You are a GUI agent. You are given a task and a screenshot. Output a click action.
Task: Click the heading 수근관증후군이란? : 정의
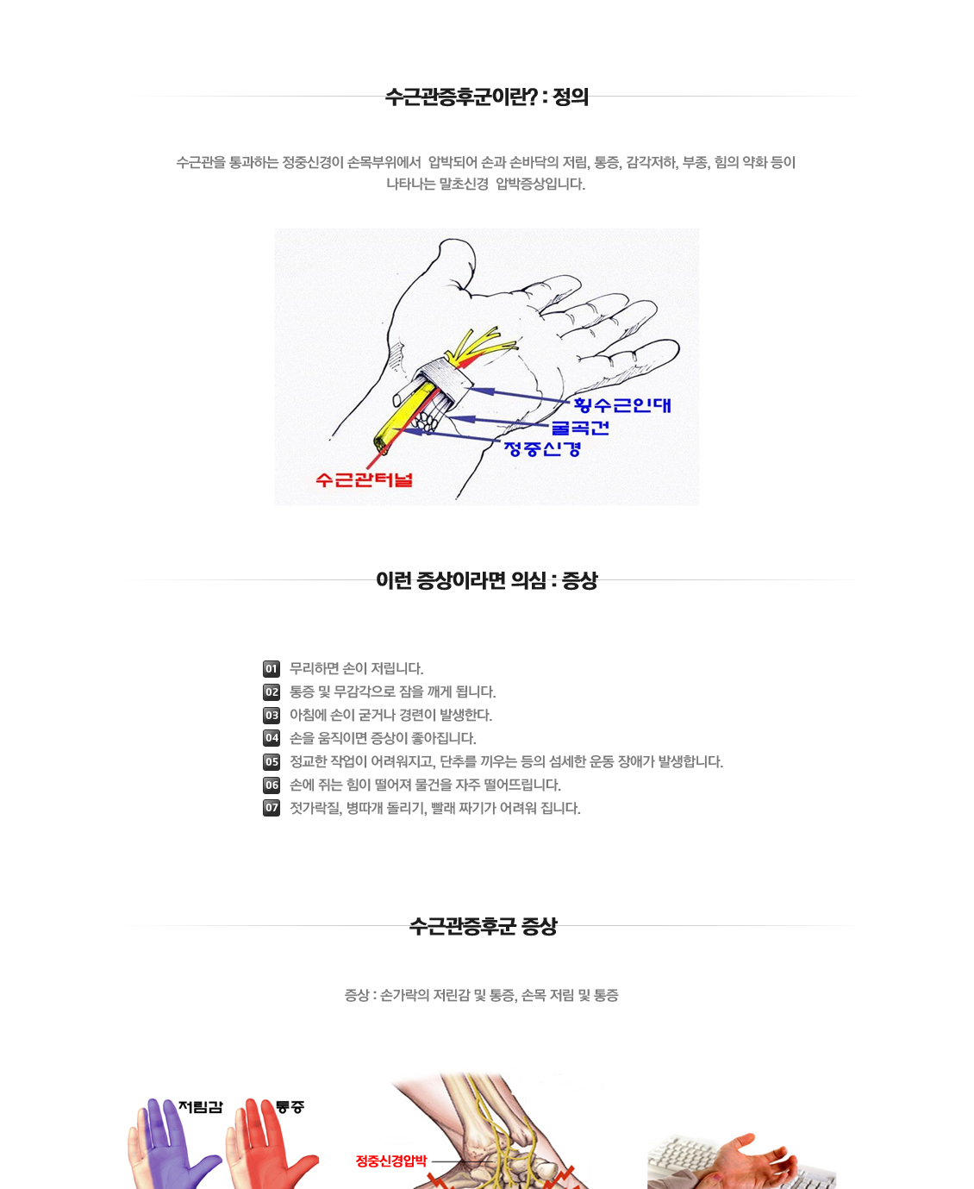point(486,97)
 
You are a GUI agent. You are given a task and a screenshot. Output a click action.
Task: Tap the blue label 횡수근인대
point(622,404)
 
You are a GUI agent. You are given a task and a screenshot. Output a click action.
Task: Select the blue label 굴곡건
point(580,428)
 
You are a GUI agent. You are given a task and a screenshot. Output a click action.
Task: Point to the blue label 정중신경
point(541,448)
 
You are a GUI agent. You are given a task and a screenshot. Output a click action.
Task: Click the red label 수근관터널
point(364,479)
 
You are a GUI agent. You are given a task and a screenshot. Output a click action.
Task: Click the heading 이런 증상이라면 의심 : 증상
point(486,580)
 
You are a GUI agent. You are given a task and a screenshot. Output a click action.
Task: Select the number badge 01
point(272,668)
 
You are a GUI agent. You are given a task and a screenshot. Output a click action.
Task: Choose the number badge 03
point(272,715)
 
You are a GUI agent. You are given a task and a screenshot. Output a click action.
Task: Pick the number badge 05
point(272,761)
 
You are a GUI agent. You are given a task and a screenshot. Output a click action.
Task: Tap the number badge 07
point(272,808)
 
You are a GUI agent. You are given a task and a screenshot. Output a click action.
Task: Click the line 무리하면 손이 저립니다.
point(356,668)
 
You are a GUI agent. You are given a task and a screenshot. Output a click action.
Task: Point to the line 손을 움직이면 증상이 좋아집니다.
point(383,738)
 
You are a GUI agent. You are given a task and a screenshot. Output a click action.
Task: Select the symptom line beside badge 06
point(425,785)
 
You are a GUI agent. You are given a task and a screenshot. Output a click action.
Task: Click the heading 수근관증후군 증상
point(483,926)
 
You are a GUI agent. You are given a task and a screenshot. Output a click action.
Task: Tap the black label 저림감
point(200,1107)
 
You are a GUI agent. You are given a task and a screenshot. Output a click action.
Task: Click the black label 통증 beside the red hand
point(290,1107)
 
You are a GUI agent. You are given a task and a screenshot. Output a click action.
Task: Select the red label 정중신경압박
point(391,1161)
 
